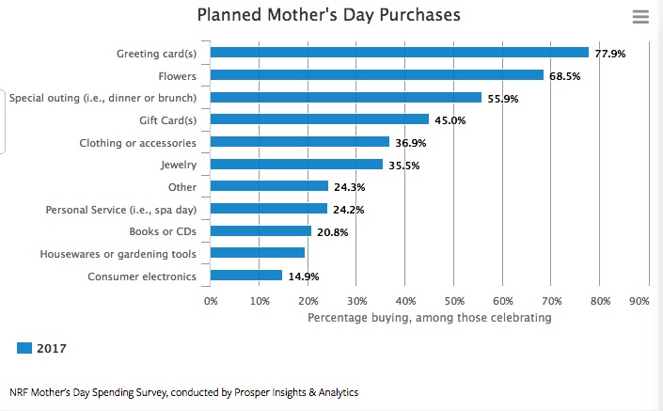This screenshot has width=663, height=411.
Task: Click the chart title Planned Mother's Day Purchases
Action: (329, 15)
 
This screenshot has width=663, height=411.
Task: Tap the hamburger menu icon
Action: (641, 17)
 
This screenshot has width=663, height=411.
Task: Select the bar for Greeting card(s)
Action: (399, 53)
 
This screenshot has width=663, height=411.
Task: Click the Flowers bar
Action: (376, 75)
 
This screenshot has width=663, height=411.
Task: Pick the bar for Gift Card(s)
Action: (319, 119)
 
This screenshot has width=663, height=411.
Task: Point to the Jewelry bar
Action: (296, 165)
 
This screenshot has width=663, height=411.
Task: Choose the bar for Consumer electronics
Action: (246, 276)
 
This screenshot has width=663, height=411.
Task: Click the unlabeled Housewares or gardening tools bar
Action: (258, 253)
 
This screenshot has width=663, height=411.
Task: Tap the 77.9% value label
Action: (609, 54)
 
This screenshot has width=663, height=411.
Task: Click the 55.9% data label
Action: (503, 98)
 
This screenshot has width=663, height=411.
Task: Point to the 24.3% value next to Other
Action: (349, 187)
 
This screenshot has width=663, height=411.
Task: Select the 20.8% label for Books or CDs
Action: (332, 231)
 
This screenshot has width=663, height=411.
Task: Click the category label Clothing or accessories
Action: (138, 143)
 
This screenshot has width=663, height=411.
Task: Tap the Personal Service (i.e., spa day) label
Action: (121, 209)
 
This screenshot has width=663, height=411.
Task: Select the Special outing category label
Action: (103, 98)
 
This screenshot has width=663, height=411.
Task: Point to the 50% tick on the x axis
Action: (454, 301)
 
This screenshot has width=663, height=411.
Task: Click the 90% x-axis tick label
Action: (639, 301)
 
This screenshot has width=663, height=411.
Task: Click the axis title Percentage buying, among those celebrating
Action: (430, 318)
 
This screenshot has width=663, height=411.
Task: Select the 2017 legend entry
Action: (42, 349)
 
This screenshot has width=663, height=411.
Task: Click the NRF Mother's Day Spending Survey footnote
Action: (183, 392)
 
